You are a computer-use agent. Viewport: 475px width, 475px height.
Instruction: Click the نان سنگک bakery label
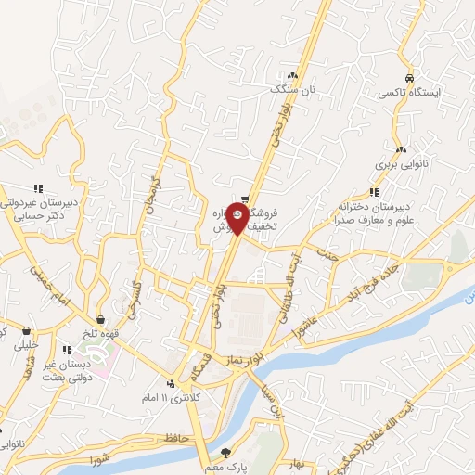(293, 91)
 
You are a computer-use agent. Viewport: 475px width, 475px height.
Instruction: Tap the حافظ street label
(173, 435)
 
